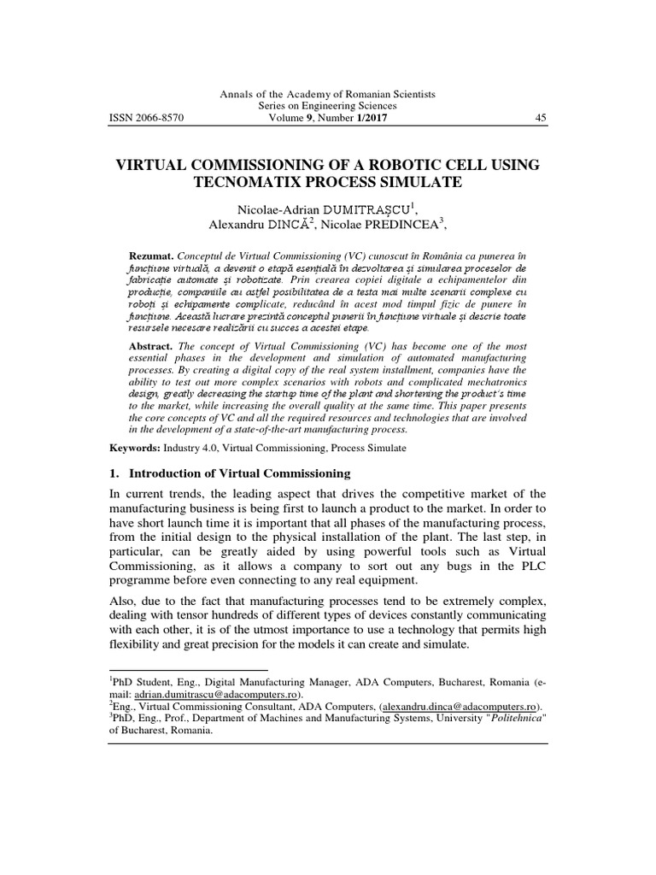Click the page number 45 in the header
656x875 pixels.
click(x=540, y=118)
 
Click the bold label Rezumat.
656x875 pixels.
click(x=150, y=255)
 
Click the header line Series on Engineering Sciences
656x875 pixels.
click(x=328, y=106)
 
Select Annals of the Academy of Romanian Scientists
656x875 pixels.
click(x=328, y=94)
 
